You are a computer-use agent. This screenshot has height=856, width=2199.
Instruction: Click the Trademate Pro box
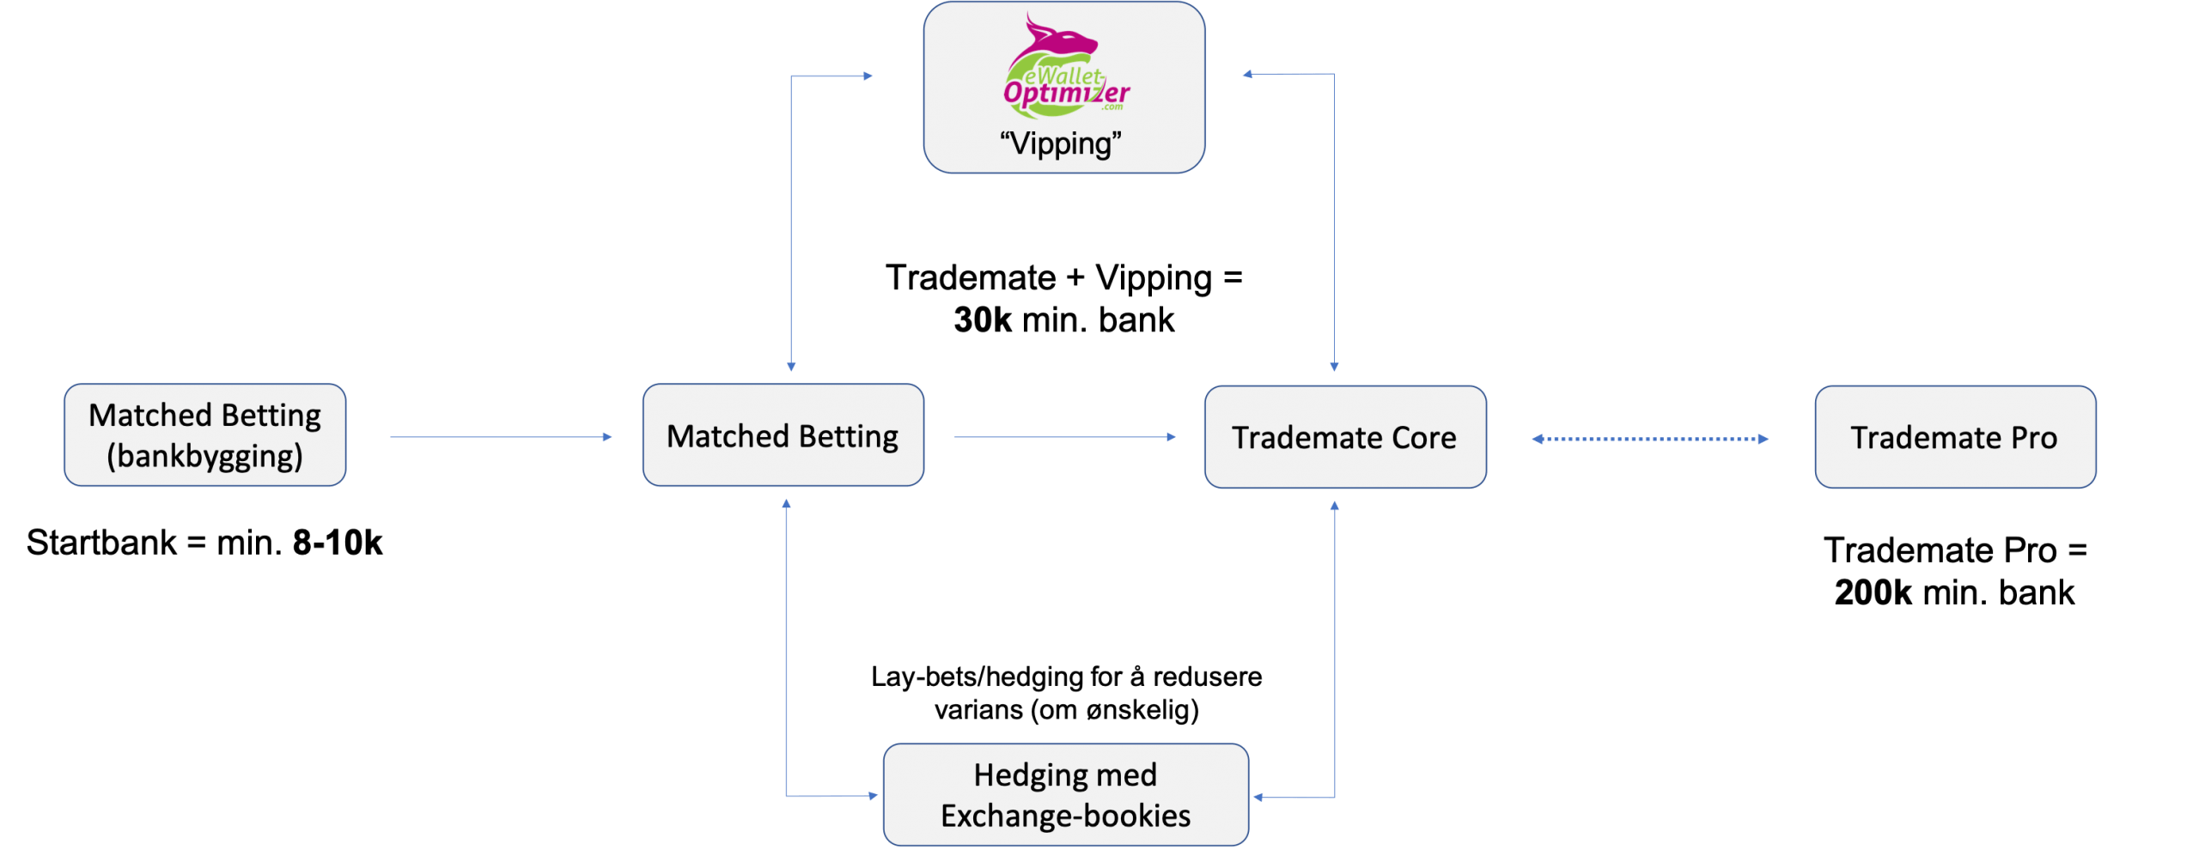tap(1954, 437)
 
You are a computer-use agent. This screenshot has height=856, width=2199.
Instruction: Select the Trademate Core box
tap(1344, 437)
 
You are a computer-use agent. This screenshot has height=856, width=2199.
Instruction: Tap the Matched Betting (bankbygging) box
tap(204, 435)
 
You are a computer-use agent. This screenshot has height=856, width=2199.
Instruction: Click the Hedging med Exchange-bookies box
tap(1065, 795)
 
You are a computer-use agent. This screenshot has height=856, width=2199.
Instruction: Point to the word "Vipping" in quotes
tap(1061, 143)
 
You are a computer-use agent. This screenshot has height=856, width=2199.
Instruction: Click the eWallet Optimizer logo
tap(1065, 69)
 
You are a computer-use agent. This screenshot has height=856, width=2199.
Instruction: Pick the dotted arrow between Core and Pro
tap(1649, 439)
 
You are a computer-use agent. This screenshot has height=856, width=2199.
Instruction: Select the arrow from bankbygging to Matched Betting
tap(500, 437)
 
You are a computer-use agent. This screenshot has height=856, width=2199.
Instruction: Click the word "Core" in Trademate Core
tap(1423, 438)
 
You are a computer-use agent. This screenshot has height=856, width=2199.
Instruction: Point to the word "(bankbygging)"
tap(204, 456)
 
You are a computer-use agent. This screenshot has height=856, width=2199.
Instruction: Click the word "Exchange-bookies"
tap(1065, 816)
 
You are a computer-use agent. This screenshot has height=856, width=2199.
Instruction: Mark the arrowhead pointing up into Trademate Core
tap(1334, 507)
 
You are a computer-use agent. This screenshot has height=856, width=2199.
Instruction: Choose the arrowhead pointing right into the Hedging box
tap(873, 796)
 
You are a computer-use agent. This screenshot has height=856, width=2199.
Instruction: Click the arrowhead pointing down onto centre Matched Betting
tap(791, 367)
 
